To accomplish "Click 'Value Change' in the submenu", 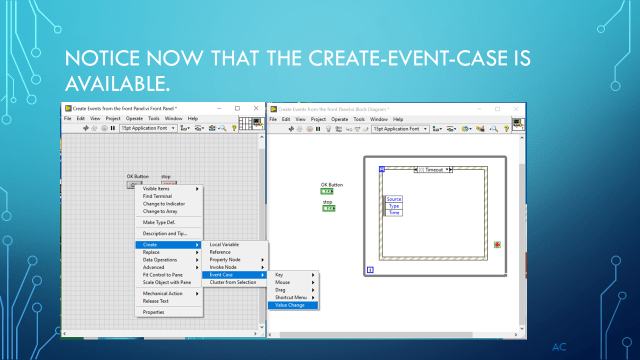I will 291,305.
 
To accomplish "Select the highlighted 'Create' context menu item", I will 151,244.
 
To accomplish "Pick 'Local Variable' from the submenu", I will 224,244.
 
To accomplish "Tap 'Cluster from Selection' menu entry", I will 231,283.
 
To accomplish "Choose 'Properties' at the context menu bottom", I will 153,312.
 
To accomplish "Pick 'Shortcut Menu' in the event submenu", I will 291,297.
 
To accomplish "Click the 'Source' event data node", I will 393,199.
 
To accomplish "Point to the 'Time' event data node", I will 393,213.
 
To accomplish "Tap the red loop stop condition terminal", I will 498,244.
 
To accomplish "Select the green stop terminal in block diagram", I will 327,208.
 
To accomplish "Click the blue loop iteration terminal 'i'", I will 371,270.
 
